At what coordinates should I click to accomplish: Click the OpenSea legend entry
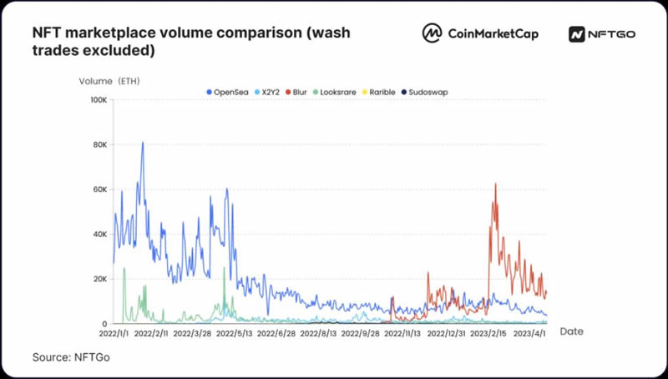pyautogui.click(x=228, y=91)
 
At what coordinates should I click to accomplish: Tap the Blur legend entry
pyautogui.click(x=299, y=91)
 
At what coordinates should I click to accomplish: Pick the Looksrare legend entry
pyautogui.click(x=338, y=91)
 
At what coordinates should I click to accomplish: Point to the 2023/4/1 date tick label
pyautogui.click(x=531, y=332)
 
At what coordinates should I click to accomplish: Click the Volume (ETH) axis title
pyautogui.click(x=109, y=81)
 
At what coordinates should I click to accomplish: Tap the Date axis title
pyautogui.click(x=571, y=331)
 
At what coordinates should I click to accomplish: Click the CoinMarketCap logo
pyautogui.click(x=480, y=33)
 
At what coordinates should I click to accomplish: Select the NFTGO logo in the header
pyautogui.click(x=603, y=33)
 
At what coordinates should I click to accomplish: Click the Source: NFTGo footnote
pyautogui.click(x=71, y=357)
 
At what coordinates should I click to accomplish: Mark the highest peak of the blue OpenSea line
pyautogui.click(x=143, y=143)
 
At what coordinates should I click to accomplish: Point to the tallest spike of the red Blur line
pyautogui.click(x=496, y=184)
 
